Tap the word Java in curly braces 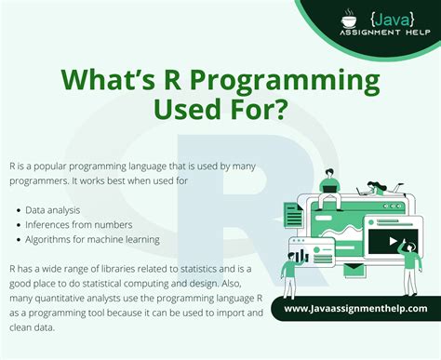point(388,18)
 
